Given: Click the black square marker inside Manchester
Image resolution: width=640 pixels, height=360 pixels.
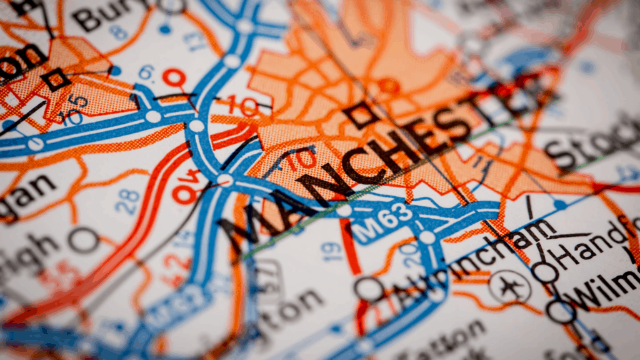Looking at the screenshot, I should pyautogui.click(x=361, y=115).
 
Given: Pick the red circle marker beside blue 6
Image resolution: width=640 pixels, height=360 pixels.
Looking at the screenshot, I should pyautogui.click(x=174, y=77).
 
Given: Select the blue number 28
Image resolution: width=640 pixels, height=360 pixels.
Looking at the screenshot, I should pyautogui.click(x=127, y=202).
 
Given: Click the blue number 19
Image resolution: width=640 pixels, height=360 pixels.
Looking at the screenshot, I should pyautogui.click(x=331, y=251).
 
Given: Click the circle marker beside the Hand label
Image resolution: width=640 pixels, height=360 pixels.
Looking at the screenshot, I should pyautogui.click(x=544, y=272).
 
